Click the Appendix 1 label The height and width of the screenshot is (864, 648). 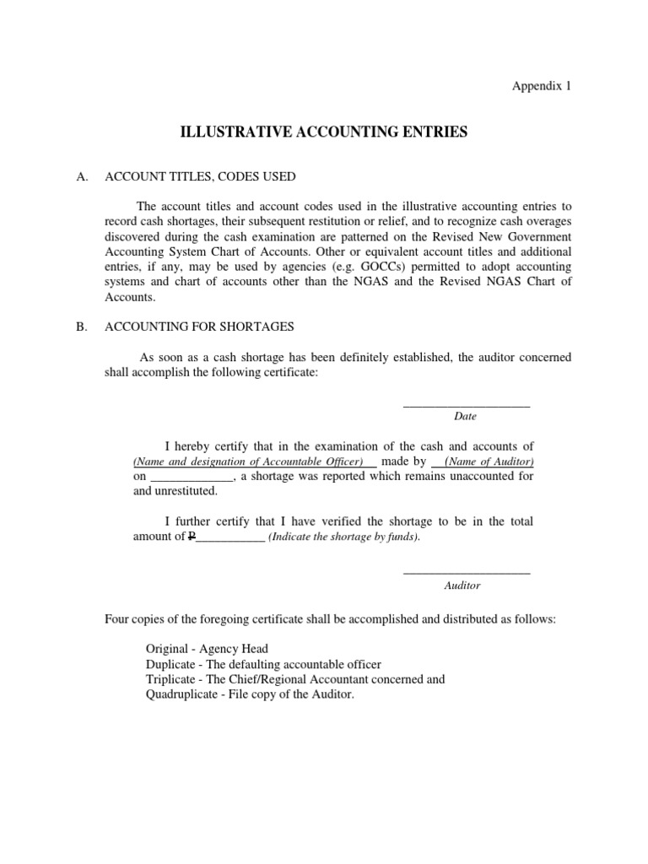(543, 86)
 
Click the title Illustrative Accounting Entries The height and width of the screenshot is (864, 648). (323, 132)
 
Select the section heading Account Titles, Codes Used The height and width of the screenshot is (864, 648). (200, 176)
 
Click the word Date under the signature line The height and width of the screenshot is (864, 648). (465, 416)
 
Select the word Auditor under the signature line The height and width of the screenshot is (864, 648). (462, 585)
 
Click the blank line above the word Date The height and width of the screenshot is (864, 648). (467, 406)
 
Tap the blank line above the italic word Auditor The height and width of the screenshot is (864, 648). (467, 574)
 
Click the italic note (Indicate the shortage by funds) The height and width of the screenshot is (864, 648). (343, 537)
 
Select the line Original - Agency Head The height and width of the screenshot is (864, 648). (207, 649)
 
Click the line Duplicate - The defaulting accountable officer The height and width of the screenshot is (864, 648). (263, 664)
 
